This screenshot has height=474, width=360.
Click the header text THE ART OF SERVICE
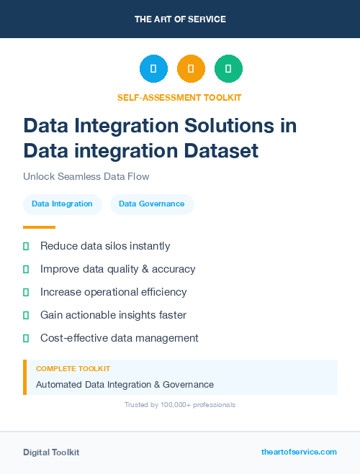point(180,19)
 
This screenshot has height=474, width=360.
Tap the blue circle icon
point(153,69)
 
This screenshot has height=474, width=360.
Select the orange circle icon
point(191,69)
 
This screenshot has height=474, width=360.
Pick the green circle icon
point(228,69)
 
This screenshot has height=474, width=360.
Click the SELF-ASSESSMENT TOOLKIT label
point(180,97)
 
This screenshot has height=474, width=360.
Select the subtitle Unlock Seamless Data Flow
point(86,176)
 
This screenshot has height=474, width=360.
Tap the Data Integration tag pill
point(62,204)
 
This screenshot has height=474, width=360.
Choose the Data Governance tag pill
point(151,204)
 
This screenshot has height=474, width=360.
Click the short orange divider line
point(39,227)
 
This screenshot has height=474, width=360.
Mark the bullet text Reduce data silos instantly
point(105,246)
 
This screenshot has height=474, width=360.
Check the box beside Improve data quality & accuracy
point(26,269)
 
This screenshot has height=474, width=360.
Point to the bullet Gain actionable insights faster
point(113,315)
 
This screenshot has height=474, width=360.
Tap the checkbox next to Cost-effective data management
point(26,338)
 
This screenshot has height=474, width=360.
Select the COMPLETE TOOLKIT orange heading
point(73,368)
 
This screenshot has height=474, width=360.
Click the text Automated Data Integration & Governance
point(125,384)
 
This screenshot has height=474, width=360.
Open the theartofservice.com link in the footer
point(299,452)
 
